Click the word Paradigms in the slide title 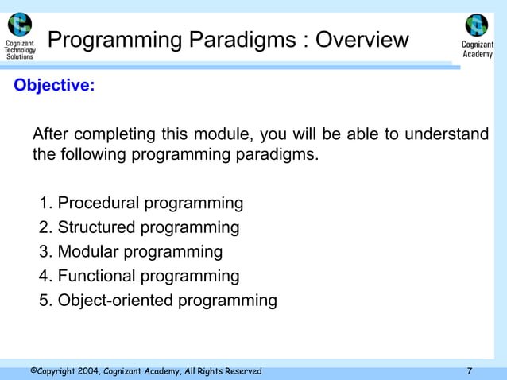click(243, 40)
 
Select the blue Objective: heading click(54, 86)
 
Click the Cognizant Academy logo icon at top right click(477, 25)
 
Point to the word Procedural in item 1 click(99, 204)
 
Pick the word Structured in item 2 click(97, 228)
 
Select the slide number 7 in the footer click(470, 371)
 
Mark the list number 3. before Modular click(46, 252)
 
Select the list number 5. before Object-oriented click(46, 301)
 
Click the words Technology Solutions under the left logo click(20, 53)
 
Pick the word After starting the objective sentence click(52, 134)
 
